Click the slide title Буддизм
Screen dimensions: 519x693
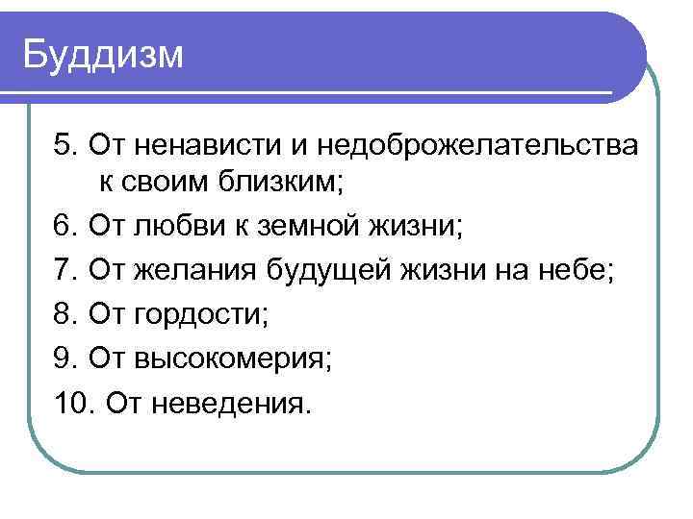point(102,55)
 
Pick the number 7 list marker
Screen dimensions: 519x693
point(64,270)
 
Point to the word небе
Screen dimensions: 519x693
point(581,270)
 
